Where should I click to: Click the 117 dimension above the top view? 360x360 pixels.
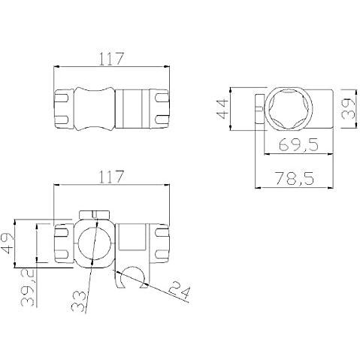[x=111, y=59]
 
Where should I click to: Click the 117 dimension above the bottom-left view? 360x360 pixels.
[x=111, y=177]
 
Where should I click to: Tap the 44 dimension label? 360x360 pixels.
[x=222, y=109]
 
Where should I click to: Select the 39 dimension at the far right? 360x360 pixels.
[x=349, y=108]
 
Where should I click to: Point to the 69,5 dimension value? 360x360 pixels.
[x=298, y=145]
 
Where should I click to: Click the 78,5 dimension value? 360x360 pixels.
[x=295, y=178]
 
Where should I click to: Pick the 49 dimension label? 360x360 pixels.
[x=7, y=244]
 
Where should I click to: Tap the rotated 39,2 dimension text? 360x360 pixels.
[x=28, y=289]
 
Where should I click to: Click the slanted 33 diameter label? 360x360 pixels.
[x=79, y=301]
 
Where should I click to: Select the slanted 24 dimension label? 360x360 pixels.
[x=180, y=290]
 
